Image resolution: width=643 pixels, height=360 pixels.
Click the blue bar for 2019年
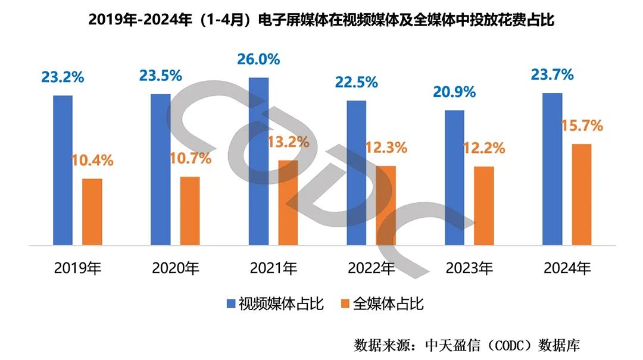point(63,170)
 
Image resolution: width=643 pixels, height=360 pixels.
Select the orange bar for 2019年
point(92,212)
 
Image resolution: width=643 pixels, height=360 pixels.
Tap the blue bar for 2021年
point(259,161)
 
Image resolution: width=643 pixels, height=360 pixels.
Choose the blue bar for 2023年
point(454,177)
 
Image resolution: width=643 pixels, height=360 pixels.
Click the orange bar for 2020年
point(190,211)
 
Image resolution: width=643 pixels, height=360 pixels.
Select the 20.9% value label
point(453,92)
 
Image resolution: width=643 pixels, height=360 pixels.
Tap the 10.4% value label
point(92,161)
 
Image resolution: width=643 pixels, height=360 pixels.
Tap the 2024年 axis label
point(567,268)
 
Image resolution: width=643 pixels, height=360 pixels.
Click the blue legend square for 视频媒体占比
point(230,304)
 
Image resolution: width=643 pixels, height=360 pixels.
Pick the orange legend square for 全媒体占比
point(344,304)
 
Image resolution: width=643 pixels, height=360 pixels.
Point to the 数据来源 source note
point(467,345)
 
